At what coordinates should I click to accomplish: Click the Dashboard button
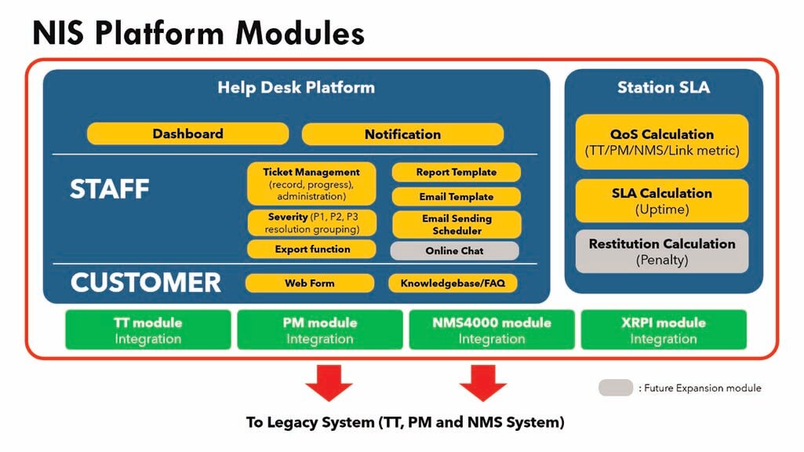point(187,134)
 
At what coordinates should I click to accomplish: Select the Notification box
point(402,134)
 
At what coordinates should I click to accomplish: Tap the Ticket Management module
point(311,184)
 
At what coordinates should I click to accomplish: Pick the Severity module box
point(311,223)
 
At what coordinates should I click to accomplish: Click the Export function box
point(311,250)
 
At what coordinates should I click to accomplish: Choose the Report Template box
point(457,173)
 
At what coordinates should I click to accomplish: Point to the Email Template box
point(457,196)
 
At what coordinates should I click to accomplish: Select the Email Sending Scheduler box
point(457,224)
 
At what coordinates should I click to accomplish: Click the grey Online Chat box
point(454,251)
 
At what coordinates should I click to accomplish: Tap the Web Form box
point(310,283)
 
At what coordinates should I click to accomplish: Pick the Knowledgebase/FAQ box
point(453,283)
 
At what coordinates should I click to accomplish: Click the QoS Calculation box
point(662,142)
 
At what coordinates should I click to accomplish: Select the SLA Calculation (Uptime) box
point(662,201)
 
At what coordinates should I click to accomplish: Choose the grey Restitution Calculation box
point(662,251)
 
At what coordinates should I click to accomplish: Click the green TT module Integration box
point(148,330)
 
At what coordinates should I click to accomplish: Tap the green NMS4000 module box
point(492,330)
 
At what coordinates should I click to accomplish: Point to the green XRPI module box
point(664,330)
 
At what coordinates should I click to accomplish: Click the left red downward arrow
point(329,383)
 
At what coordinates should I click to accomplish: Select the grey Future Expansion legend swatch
point(616,388)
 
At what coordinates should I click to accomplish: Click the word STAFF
point(110,189)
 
